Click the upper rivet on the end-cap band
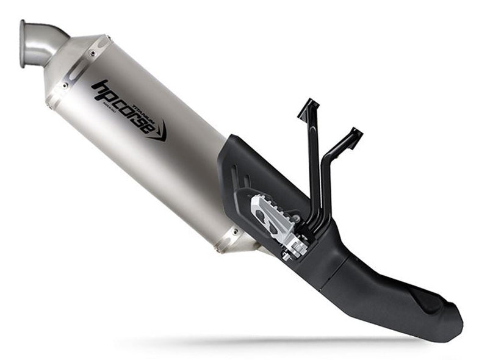[x=92, y=54]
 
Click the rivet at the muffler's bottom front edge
[x=233, y=232]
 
